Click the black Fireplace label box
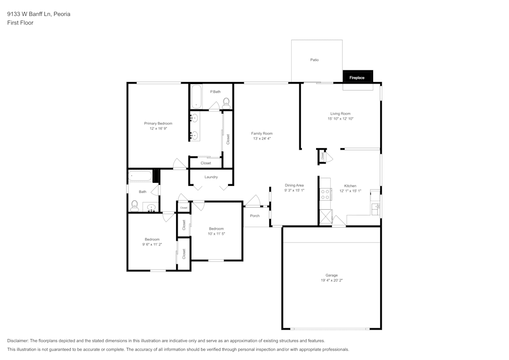(x=357, y=77)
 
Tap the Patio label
(x=315, y=60)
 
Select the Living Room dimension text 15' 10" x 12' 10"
(x=340, y=119)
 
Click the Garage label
(x=331, y=275)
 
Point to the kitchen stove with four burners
(x=325, y=195)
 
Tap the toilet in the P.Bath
(x=227, y=102)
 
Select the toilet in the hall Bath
(x=134, y=205)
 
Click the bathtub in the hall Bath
(x=139, y=177)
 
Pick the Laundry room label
(x=211, y=177)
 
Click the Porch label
(x=255, y=216)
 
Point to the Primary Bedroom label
(x=158, y=123)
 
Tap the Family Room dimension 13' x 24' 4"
(x=262, y=139)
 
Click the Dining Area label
(x=294, y=185)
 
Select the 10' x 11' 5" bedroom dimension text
(x=216, y=234)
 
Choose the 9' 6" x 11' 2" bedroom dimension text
(x=152, y=244)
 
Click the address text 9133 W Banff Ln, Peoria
(x=39, y=14)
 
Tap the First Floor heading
(x=20, y=23)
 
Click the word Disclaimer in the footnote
(x=18, y=341)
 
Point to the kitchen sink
(x=377, y=206)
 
